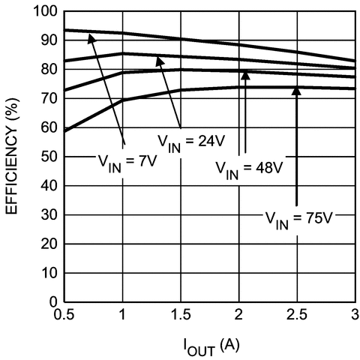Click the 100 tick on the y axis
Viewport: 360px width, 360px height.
click(x=47, y=11)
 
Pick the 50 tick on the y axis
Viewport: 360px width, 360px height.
click(x=50, y=157)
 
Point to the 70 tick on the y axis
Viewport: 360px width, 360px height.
click(x=50, y=99)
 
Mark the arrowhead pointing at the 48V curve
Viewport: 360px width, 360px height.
click(x=244, y=74)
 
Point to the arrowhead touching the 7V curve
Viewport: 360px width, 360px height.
click(x=93, y=37)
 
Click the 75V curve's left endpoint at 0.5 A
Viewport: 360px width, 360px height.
click(x=64, y=131)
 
